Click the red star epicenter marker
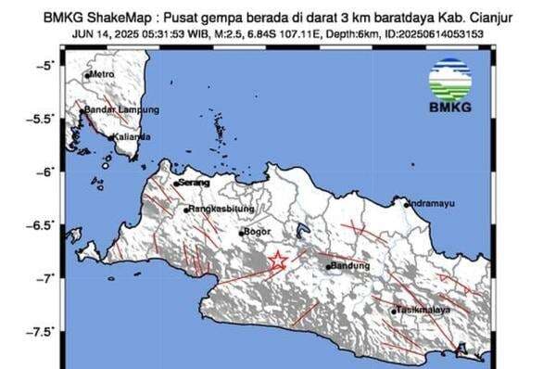276,261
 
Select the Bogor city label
255,233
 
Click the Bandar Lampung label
117,109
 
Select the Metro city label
102,74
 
